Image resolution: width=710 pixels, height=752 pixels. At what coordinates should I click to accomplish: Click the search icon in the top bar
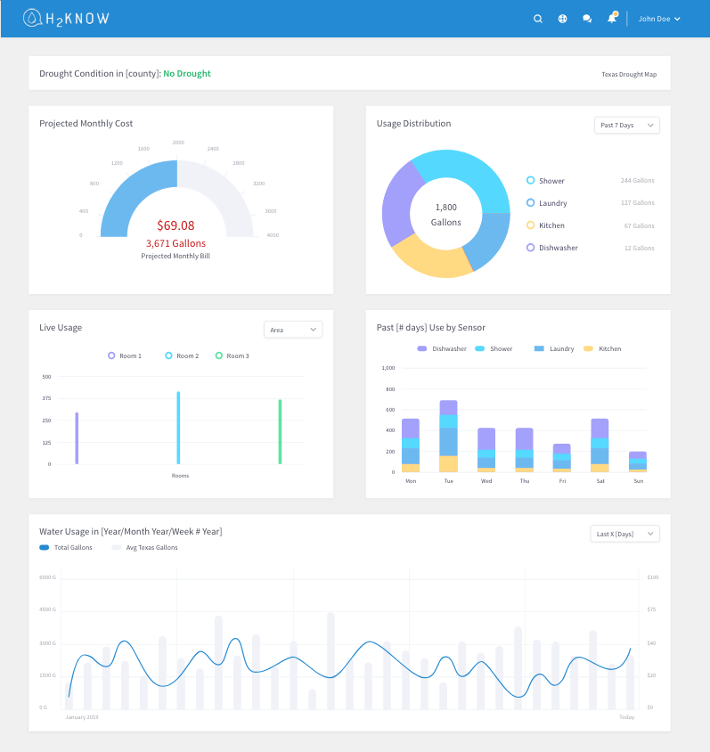pyautogui.click(x=538, y=19)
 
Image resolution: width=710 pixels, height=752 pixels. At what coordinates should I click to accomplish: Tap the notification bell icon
pyautogui.click(x=612, y=19)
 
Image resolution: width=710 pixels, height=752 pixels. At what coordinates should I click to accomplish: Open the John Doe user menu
pyautogui.click(x=659, y=19)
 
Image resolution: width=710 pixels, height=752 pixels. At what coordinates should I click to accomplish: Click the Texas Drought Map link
pyautogui.click(x=629, y=74)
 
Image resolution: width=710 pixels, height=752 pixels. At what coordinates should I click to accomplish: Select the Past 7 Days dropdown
pyautogui.click(x=626, y=126)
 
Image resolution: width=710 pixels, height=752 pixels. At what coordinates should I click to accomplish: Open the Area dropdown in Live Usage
pyautogui.click(x=293, y=330)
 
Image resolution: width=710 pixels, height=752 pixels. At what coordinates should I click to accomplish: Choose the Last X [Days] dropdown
pyautogui.click(x=624, y=534)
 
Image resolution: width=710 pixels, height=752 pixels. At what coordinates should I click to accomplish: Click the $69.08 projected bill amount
pyautogui.click(x=175, y=225)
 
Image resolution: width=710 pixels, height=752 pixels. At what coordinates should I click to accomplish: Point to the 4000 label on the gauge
pyautogui.click(x=273, y=235)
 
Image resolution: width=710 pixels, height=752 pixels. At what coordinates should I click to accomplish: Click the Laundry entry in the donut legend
pyautogui.click(x=552, y=203)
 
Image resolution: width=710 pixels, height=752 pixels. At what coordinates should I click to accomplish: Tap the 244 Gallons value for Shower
pyautogui.click(x=637, y=181)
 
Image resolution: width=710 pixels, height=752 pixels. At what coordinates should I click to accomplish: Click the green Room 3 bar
pyautogui.click(x=280, y=431)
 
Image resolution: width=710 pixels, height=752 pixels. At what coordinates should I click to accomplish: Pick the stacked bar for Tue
pyautogui.click(x=448, y=436)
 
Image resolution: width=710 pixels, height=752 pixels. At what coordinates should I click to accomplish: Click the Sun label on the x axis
pyautogui.click(x=637, y=480)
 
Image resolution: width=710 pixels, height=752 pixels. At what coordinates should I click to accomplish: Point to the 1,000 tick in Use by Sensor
pyautogui.click(x=388, y=367)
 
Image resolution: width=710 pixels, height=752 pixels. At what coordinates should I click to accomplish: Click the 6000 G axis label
pyautogui.click(x=48, y=577)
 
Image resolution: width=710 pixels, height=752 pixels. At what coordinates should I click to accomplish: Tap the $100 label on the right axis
pyautogui.click(x=653, y=577)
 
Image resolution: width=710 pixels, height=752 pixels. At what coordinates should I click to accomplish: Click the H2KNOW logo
pyautogui.click(x=66, y=18)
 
